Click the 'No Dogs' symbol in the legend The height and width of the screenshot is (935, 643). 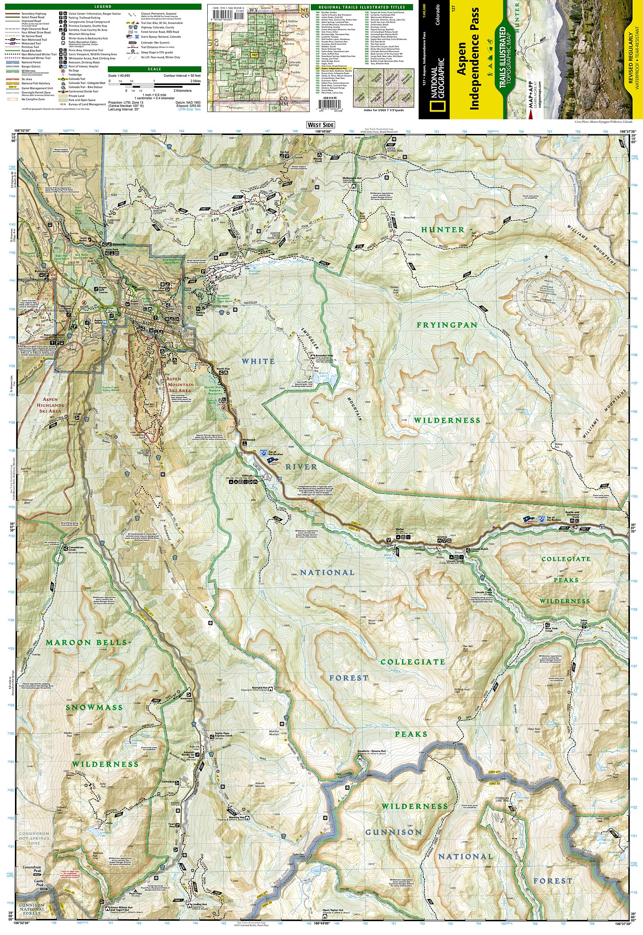pos(63,70)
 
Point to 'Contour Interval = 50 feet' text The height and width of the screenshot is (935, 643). pos(182,76)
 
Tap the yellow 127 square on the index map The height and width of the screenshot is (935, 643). pos(254,55)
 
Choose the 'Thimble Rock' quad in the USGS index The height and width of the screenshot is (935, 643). pos(377,77)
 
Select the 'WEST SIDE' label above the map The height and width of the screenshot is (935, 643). pos(320,125)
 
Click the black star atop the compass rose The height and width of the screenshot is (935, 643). pos(546,257)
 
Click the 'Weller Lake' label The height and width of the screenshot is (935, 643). pos(388,557)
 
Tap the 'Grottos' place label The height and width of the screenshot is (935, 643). pos(443,537)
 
